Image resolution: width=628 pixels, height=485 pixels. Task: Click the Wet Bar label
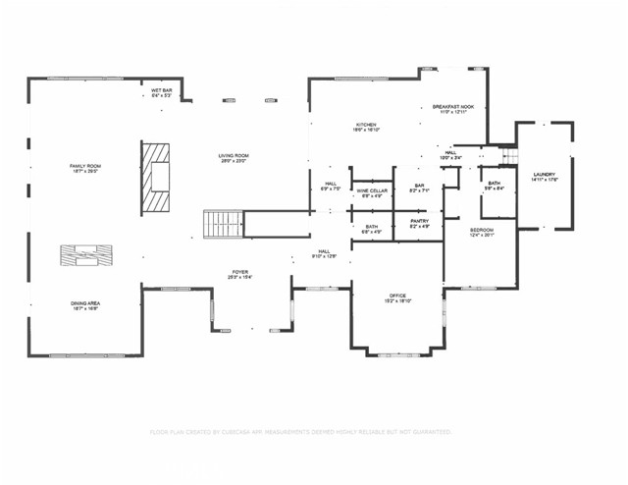(162, 93)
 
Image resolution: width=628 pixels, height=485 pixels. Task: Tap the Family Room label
(84, 169)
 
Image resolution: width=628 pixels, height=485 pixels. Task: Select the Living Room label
(233, 158)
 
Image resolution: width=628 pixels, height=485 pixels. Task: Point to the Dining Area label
(84, 306)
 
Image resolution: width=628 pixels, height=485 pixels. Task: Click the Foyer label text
(240, 275)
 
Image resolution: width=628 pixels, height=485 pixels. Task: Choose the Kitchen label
(366, 127)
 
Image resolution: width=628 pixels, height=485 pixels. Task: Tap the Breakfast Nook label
(453, 109)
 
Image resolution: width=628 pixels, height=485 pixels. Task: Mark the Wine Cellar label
(372, 192)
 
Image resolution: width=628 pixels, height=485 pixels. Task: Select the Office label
(397, 298)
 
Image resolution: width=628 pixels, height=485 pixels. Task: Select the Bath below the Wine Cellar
(372, 230)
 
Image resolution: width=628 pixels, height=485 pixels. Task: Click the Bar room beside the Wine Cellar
(419, 188)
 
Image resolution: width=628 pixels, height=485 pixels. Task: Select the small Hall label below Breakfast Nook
(449, 154)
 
